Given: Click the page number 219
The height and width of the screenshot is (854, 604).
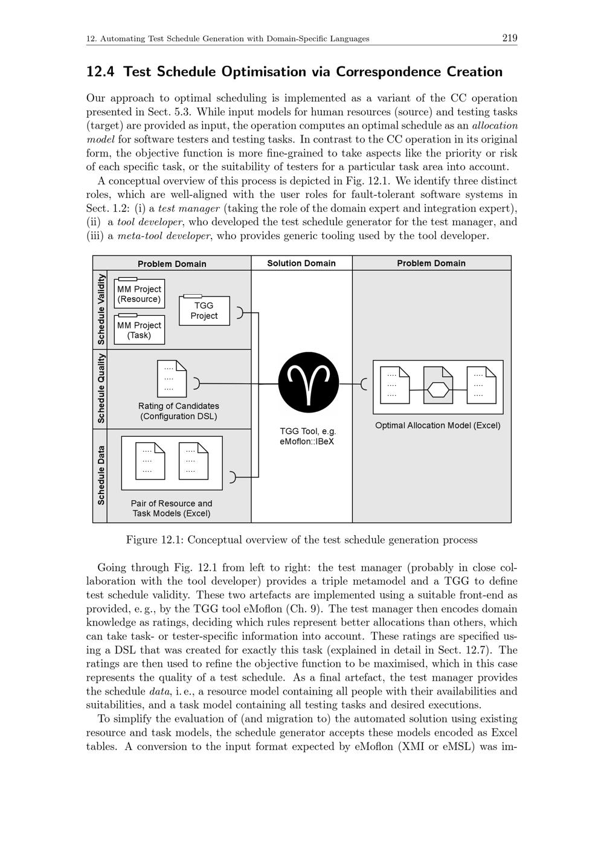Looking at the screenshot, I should point(509,39).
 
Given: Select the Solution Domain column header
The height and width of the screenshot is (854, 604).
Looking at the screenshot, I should point(301,263).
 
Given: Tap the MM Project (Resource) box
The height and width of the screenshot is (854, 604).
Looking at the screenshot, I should point(139,294).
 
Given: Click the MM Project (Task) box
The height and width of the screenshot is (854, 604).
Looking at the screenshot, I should point(139,330).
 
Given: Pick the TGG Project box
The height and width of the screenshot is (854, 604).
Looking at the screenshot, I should point(204,310).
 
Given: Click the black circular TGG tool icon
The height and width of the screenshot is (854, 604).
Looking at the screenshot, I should point(309,382).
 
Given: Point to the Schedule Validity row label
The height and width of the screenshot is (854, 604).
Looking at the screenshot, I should point(101,309).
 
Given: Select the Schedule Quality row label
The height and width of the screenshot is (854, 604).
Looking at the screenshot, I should point(101,389).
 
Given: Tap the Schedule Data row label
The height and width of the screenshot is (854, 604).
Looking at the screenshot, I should point(101,475).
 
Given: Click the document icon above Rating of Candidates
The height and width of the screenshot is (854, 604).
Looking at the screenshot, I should point(172,379).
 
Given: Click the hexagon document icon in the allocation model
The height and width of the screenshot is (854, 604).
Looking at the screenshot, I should point(438,385).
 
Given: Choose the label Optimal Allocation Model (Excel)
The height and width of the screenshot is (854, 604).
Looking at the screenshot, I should point(437,425).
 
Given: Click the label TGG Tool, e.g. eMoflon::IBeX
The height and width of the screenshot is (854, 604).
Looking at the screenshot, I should point(307,436).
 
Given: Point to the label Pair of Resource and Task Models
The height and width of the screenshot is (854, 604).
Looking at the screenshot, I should point(172,508).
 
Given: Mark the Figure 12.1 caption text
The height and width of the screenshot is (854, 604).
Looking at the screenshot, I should point(301,540).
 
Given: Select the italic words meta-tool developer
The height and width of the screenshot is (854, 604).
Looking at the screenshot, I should point(164,236).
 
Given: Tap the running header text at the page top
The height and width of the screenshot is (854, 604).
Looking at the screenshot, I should point(228,39).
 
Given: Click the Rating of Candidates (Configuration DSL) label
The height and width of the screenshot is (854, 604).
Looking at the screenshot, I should point(178,411).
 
